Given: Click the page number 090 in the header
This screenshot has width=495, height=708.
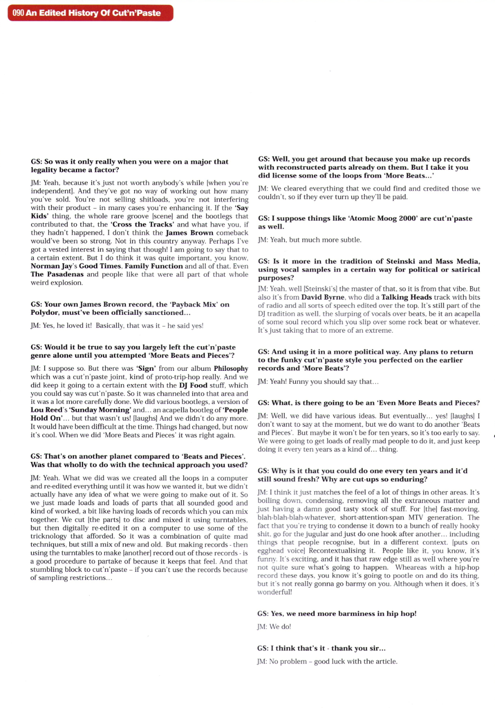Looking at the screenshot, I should click(x=18, y=13).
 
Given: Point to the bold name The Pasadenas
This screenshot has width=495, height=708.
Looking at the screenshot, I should click(x=57, y=274).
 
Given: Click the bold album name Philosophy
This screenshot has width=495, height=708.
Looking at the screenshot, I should click(x=231, y=368).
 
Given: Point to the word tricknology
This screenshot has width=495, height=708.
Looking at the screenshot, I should click(x=49, y=536).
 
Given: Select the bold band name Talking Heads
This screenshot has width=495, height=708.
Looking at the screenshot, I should click(x=401, y=297).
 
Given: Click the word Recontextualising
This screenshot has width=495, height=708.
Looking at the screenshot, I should click(x=337, y=551).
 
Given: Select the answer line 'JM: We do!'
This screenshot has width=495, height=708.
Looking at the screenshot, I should click(x=274, y=627).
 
